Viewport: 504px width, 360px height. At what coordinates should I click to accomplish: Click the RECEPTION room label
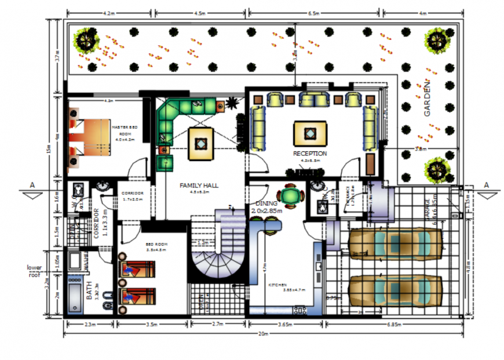(x=310, y=154)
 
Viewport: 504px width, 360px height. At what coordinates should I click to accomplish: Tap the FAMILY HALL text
(x=199, y=186)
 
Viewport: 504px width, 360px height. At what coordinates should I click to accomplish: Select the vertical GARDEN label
(x=428, y=99)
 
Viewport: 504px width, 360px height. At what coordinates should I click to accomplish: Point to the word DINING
(x=266, y=203)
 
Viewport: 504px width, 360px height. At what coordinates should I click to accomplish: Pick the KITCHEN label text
(x=277, y=285)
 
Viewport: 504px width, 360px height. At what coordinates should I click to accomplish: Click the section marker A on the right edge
(x=486, y=185)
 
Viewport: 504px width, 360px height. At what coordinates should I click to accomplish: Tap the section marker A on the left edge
(x=32, y=185)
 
